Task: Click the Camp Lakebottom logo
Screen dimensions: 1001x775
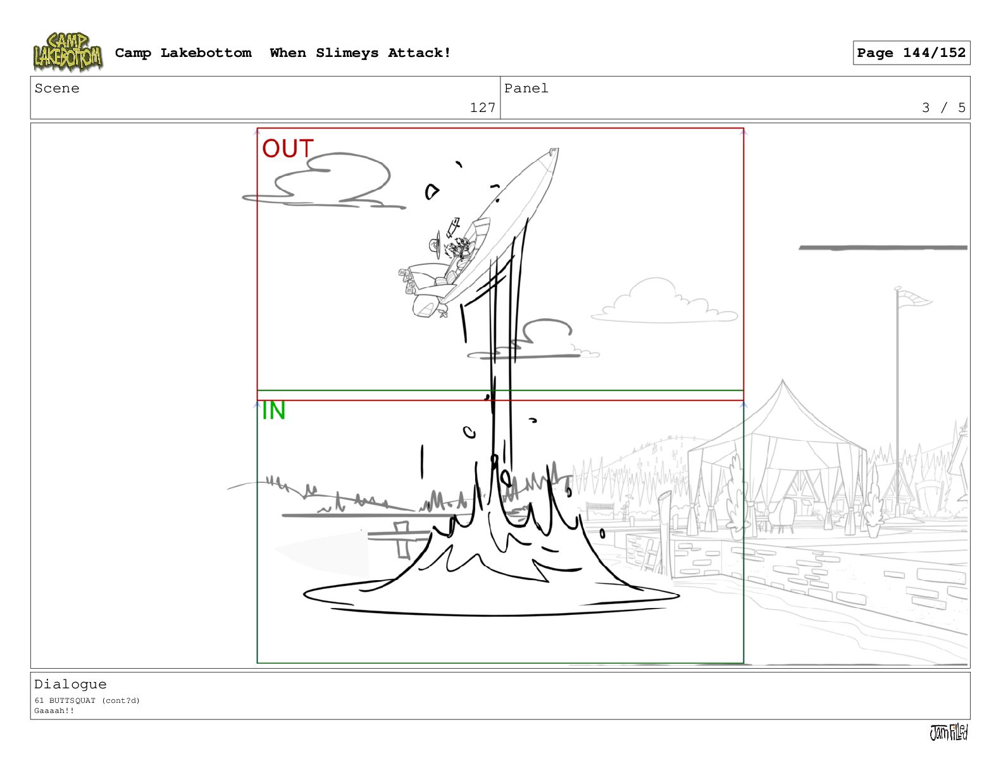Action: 68,52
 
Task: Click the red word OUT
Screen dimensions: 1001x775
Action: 287,149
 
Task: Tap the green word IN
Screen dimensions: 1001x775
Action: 273,411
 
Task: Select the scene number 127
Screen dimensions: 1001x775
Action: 482,108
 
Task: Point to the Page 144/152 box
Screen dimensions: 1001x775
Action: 911,53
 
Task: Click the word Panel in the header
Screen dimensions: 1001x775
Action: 526,88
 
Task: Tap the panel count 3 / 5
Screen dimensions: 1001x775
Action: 943,108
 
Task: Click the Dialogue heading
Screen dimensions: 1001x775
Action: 70,685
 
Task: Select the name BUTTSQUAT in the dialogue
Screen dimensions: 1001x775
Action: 72,700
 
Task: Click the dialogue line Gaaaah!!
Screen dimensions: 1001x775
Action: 54,710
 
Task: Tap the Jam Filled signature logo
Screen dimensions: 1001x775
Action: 949,732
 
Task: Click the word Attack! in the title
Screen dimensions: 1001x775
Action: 420,53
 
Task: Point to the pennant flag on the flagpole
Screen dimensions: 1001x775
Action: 915,299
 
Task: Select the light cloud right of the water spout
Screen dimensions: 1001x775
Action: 664,302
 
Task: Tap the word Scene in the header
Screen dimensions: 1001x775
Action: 57,88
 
